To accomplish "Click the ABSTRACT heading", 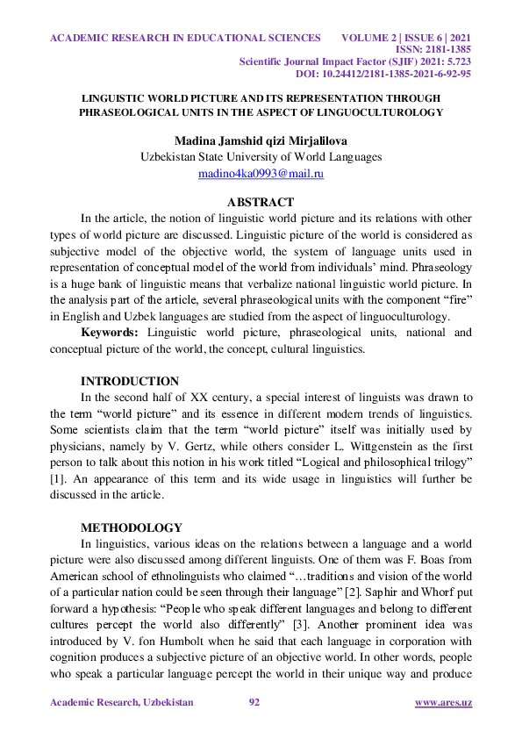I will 261,202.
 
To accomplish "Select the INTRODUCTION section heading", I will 130,381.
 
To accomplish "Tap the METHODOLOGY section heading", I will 132,527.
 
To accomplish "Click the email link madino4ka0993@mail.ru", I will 261,174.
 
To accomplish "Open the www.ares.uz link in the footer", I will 443,703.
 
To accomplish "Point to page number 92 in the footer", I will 255,703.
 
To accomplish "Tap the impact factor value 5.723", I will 455,62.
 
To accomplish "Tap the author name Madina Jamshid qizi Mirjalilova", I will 261,140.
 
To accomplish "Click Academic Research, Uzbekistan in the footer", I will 121,703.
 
